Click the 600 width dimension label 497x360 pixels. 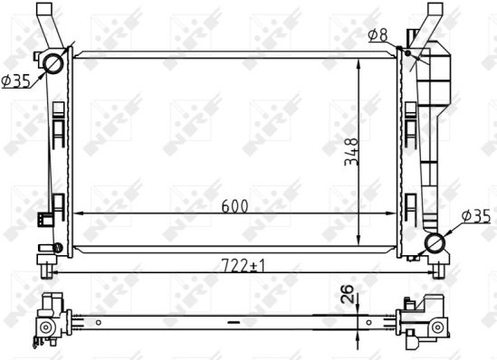pos(234,206)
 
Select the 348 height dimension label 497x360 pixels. pos(351,152)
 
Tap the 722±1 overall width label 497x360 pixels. pos(243,265)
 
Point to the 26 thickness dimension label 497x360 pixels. pos(348,294)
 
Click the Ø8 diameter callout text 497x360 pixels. pos(378,35)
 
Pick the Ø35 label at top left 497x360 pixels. pos(16,81)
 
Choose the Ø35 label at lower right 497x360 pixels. pos(476,216)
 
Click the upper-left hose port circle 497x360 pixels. pos(53,63)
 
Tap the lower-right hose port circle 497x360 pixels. pos(435,243)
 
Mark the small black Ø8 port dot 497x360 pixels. pos(408,52)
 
